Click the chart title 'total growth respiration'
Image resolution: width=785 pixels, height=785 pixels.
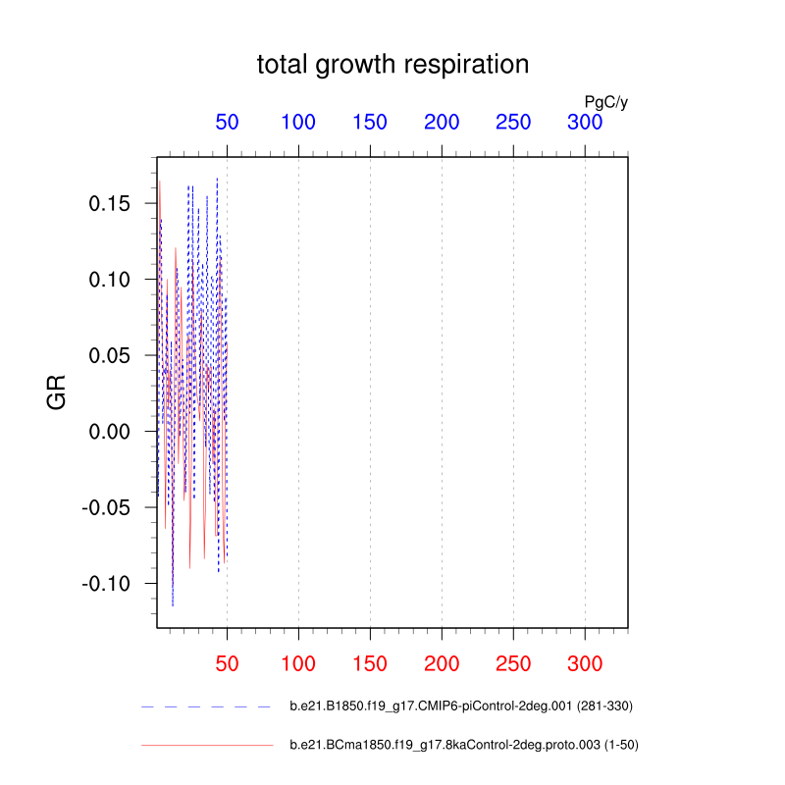[392, 65]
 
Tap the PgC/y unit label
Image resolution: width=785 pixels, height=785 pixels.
[605, 101]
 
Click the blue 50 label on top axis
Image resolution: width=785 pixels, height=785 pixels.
[227, 123]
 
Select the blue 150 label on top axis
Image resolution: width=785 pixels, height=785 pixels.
[370, 123]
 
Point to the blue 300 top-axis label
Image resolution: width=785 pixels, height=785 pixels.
[585, 123]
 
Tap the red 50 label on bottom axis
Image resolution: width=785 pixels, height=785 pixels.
[227, 662]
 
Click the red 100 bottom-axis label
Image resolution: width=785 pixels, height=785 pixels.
[298, 662]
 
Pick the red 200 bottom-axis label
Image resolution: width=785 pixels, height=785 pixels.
[442, 662]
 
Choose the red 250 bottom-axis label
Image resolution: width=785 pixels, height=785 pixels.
[513, 662]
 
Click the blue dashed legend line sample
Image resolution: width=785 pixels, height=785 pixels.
[206, 706]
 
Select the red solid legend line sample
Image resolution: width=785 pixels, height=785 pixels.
[206, 746]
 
